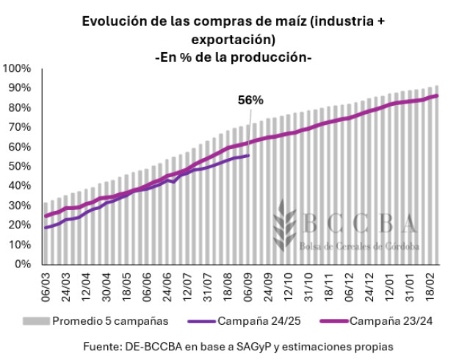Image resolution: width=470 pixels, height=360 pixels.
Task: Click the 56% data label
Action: coord(250,101)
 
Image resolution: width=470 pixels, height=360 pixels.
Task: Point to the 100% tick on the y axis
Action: coord(16,68)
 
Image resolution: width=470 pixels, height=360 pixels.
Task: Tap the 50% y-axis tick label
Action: coord(19,166)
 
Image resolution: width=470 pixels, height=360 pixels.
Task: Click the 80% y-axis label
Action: coord(19,107)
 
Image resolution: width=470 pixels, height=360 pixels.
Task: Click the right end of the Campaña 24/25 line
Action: coord(250,155)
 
